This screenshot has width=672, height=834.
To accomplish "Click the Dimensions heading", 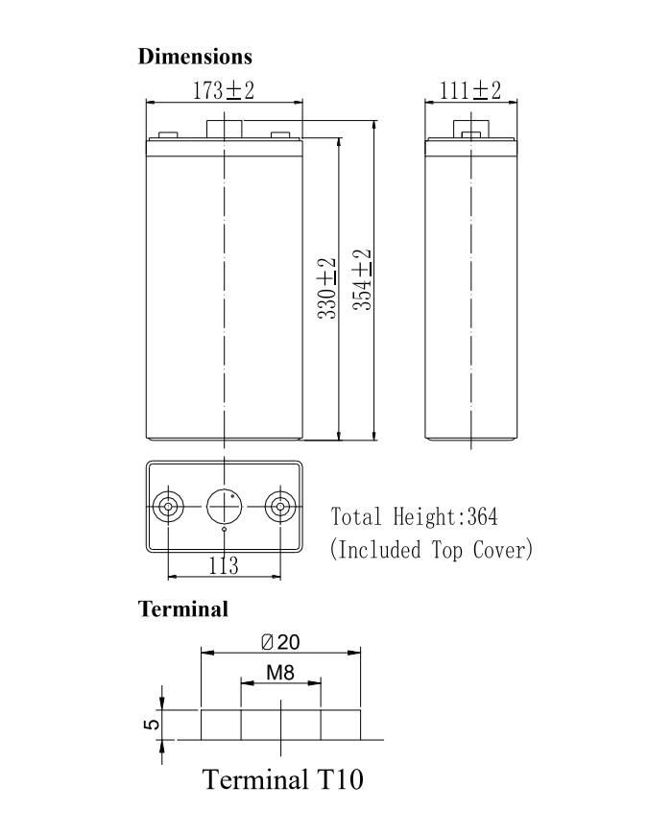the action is click(195, 57).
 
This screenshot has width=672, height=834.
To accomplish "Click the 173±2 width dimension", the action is click(224, 90).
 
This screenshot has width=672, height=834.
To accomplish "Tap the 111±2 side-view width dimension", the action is click(470, 90).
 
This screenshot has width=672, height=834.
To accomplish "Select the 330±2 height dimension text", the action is click(327, 288).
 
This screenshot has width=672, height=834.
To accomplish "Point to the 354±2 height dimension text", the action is click(363, 280).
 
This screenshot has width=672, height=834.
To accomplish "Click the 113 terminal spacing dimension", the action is click(224, 565).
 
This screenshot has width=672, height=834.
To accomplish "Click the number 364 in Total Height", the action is click(482, 516).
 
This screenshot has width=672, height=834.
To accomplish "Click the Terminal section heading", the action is click(183, 609).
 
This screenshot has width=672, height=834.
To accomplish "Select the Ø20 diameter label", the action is click(281, 642).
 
